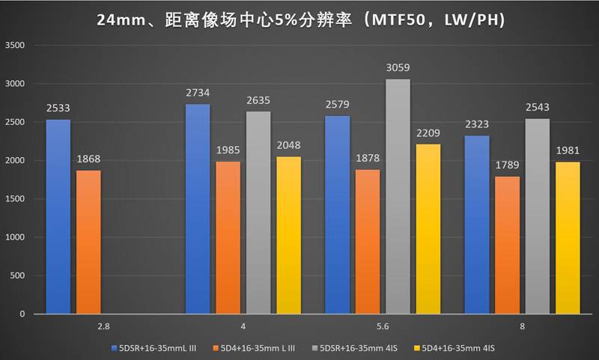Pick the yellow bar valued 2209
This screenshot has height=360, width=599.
click(428, 228)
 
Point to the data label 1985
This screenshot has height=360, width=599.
click(228, 151)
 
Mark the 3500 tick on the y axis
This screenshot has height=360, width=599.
click(16, 46)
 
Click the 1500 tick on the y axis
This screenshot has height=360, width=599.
click(16, 199)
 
